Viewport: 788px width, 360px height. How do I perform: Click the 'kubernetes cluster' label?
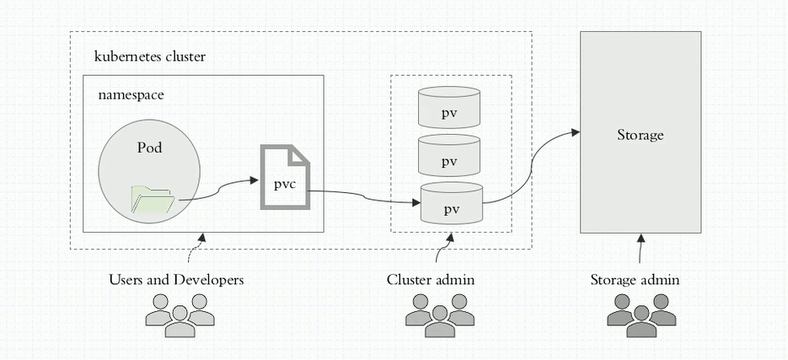pyautogui.click(x=150, y=56)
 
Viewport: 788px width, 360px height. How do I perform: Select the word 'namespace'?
pyautogui.click(x=131, y=95)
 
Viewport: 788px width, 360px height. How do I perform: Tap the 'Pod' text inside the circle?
pyautogui.click(x=149, y=148)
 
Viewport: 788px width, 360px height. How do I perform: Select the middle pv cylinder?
pyautogui.click(x=449, y=155)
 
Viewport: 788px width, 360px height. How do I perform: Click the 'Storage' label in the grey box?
pyautogui.click(x=640, y=135)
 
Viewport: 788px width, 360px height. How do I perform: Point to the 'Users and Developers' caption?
pyautogui.click(x=176, y=279)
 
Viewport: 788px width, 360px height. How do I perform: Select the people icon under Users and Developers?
pyautogui.click(x=180, y=314)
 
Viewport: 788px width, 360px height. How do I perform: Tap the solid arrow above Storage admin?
pyautogui.click(x=640, y=250)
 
